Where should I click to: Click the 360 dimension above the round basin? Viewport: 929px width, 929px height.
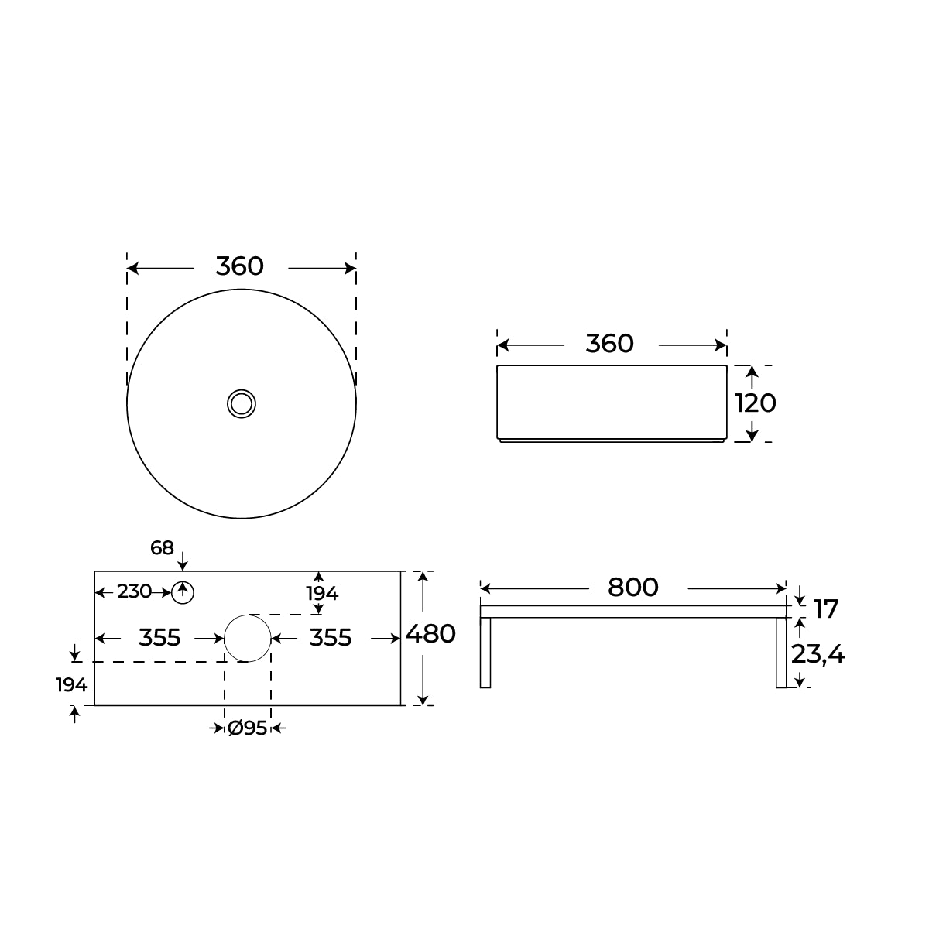click(x=239, y=266)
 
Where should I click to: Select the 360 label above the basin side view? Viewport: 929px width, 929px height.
click(x=609, y=343)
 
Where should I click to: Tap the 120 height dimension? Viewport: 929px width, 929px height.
click(x=755, y=403)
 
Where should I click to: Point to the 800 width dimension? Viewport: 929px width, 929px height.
click(x=632, y=588)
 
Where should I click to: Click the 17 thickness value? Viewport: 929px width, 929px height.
click(x=826, y=609)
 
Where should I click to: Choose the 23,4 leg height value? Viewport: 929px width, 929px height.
click(x=818, y=655)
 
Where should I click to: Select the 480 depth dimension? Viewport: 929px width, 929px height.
click(x=430, y=634)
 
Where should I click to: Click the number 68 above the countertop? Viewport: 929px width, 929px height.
click(x=162, y=548)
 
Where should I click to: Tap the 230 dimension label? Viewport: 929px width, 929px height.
click(x=134, y=592)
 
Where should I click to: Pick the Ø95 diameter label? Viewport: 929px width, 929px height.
click(x=247, y=728)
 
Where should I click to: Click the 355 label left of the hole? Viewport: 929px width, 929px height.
click(x=159, y=638)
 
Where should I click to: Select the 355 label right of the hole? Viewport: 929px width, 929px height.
click(x=331, y=638)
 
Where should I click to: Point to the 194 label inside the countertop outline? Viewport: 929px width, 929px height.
click(x=322, y=594)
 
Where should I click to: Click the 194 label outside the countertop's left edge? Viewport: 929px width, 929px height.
click(x=71, y=684)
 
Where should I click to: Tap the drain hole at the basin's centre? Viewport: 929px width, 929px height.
click(x=242, y=403)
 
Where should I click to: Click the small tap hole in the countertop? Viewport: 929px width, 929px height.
click(x=183, y=593)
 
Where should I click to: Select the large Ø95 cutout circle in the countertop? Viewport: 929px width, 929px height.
click(x=248, y=638)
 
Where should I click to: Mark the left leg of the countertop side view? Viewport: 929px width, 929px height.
click(x=485, y=653)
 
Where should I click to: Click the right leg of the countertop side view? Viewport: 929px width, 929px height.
click(x=781, y=653)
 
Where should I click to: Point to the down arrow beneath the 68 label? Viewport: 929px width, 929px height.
click(x=182, y=561)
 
